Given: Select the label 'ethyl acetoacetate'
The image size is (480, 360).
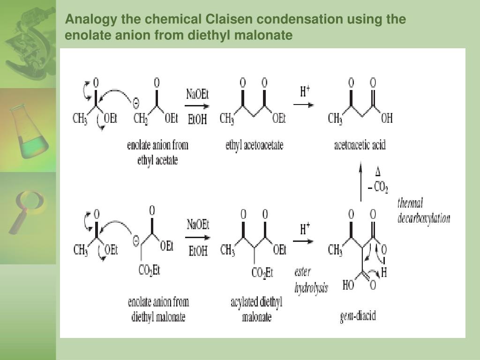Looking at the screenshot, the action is (255, 145).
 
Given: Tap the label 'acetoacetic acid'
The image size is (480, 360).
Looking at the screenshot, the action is (360, 145).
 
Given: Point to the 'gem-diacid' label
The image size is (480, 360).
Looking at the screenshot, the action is (358, 316).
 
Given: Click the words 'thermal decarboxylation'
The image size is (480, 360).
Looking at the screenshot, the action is (424, 211).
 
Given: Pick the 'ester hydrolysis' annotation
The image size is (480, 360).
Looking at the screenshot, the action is (311, 280).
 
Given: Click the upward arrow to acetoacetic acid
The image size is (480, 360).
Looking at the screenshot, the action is (360, 181).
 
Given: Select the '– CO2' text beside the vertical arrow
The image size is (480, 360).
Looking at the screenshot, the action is (378, 187).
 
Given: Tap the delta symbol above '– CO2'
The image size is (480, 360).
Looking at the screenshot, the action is (378, 172).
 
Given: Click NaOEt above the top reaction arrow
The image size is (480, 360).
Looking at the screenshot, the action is (197, 94).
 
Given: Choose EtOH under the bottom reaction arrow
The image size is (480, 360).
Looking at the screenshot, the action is (198, 251).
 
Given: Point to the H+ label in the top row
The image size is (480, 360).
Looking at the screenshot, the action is (305, 91).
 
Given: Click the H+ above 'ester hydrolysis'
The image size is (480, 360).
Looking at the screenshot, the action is (305, 228).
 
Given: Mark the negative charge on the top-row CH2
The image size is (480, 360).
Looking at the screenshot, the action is (136, 103).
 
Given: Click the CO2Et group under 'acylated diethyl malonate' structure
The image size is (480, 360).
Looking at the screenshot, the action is (262, 272).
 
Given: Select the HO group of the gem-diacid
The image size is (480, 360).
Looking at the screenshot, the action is (348, 285).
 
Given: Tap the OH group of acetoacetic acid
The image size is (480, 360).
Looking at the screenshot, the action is (387, 118).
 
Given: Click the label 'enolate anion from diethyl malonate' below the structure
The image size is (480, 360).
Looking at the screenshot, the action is (158, 309).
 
